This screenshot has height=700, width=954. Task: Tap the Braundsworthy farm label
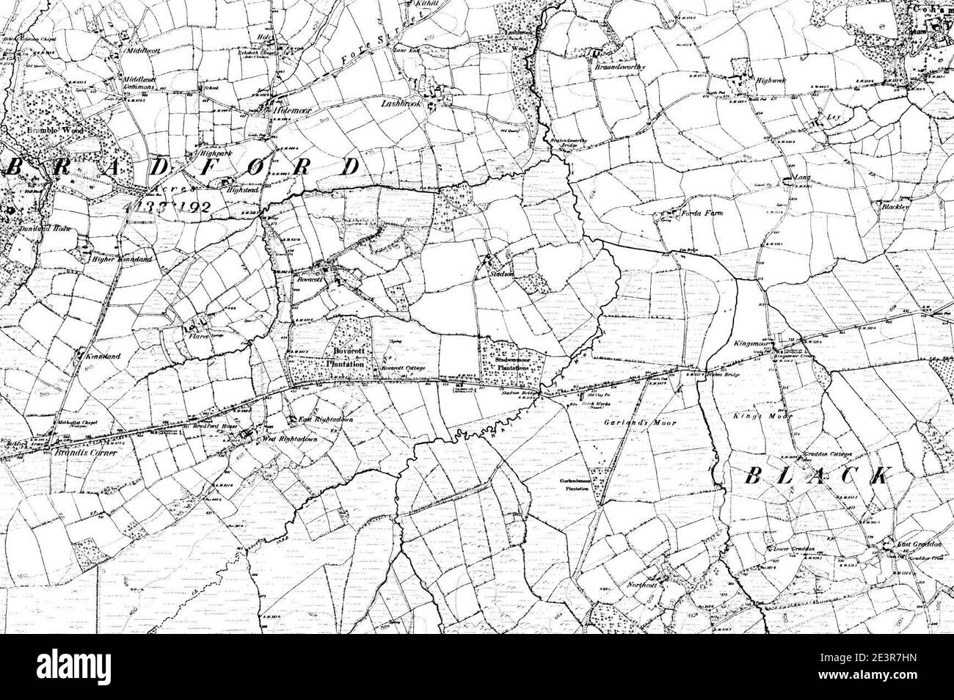click(622, 66)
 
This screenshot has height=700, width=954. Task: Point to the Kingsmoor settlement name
click(754, 343)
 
